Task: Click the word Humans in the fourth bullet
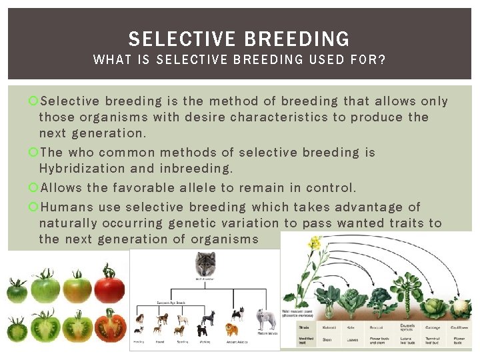click(x=65, y=207)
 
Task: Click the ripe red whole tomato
click(x=109, y=285)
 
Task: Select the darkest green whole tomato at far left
click(x=17, y=291)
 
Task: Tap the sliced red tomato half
click(x=110, y=326)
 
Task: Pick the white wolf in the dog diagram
click(x=266, y=319)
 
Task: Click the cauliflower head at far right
click(x=461, y=308)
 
